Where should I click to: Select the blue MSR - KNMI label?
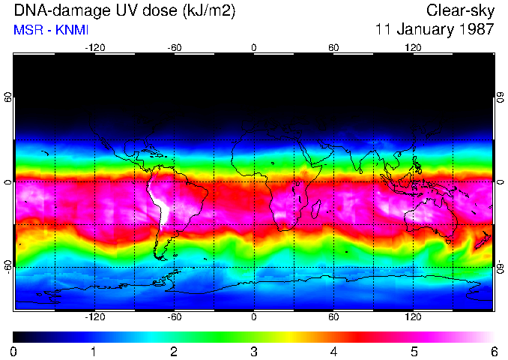pos(51,30)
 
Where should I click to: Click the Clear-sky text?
pos(459,10)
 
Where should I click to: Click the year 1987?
pos(477,30)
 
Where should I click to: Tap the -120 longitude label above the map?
pos(94,47)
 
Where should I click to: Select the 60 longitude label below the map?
pos(333,316)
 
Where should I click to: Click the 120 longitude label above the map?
pos(413,47)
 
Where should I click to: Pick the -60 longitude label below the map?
pos(174,316)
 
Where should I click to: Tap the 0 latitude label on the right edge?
pos(500,182)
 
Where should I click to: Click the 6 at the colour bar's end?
pos(493,351)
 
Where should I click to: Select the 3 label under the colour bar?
pos(253,351)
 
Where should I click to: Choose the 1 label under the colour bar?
pos(93,351)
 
